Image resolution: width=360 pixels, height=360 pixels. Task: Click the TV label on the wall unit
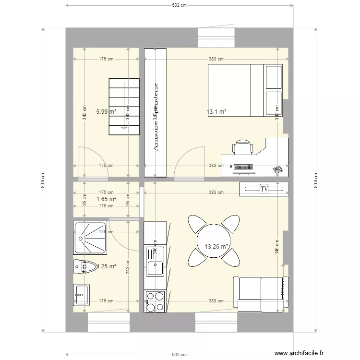pos(264,189)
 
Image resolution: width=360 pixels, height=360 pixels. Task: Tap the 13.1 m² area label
pos(216,111)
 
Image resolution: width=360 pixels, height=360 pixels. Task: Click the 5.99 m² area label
pos(106,111)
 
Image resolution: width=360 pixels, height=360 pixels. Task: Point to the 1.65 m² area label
pos(106,199)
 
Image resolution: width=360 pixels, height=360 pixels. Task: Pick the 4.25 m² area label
pos(107,266)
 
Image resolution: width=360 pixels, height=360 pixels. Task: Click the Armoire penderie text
pos(155,118)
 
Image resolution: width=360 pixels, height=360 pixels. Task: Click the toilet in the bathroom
pos(82,266)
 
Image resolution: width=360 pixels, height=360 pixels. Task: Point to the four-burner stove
pos(155,301)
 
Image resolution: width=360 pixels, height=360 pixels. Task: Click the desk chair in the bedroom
pos(243,147)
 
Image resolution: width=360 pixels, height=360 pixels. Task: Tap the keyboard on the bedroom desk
pos(243,167)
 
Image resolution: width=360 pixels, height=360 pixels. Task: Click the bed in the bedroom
pos(245,90)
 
